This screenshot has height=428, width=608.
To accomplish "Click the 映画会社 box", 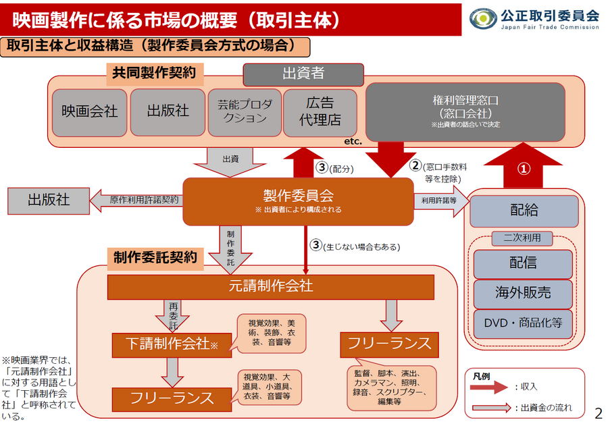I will (89, 111).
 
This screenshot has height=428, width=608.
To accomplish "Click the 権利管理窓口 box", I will (465, 111).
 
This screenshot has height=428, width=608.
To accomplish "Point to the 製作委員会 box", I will (298, 201).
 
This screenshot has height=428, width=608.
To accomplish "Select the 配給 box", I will (524, 211).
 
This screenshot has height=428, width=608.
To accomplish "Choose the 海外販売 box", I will (524, 293).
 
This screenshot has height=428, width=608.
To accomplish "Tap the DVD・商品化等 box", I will (524, 323).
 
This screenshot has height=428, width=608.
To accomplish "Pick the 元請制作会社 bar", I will (271, 287).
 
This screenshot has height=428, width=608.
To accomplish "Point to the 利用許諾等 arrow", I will (440, 200).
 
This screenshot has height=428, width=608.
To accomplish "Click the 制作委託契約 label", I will (155, 257).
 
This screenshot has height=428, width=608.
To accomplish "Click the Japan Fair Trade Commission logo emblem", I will (482, 18).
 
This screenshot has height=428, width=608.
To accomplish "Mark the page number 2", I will (598, 412).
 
